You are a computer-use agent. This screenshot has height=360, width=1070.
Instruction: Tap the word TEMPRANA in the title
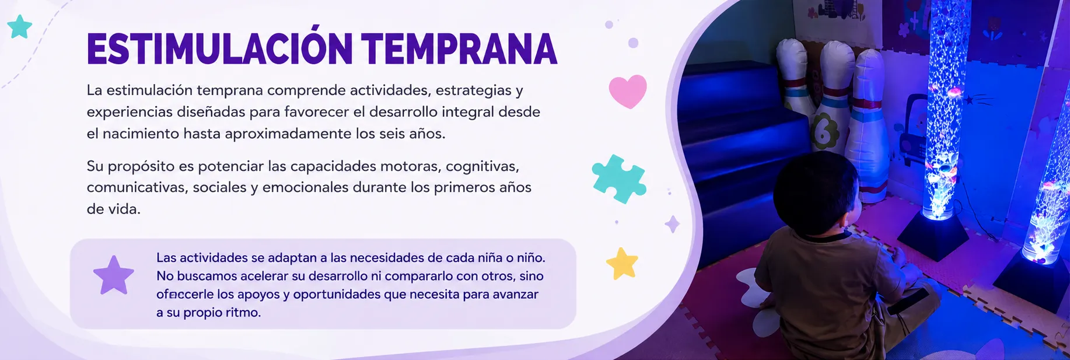click(459, 48)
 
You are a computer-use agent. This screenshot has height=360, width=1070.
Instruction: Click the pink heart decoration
click(628, 91)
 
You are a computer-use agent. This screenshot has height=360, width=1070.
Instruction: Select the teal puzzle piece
click(619, 179)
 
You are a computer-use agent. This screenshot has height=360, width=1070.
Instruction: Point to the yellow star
click(622, 264)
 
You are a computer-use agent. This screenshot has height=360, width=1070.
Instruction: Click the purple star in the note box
click(114, 275)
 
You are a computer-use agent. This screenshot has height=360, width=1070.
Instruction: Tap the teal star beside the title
click(20, 27)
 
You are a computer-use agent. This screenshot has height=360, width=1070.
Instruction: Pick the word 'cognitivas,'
click(482, 167)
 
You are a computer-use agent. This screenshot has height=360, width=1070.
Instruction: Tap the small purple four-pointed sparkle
click(673, 224)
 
